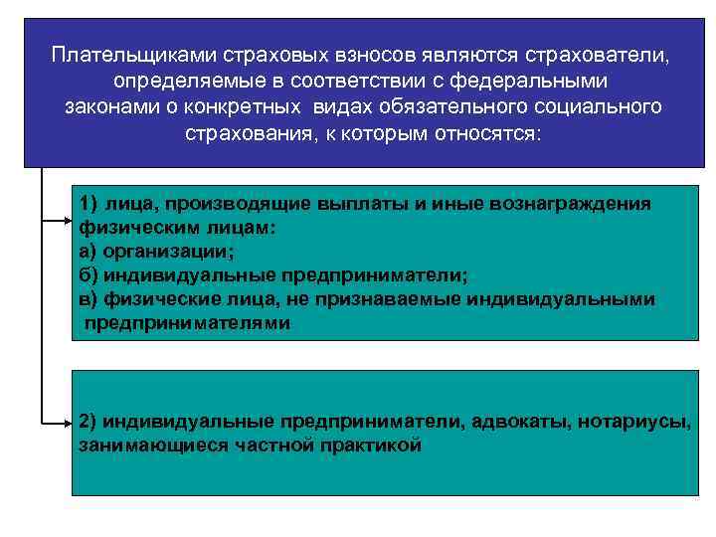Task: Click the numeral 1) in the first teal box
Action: (x=88, y=204)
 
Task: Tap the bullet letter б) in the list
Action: (x=89, y=275)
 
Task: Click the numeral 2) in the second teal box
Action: (x=88, y=423)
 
